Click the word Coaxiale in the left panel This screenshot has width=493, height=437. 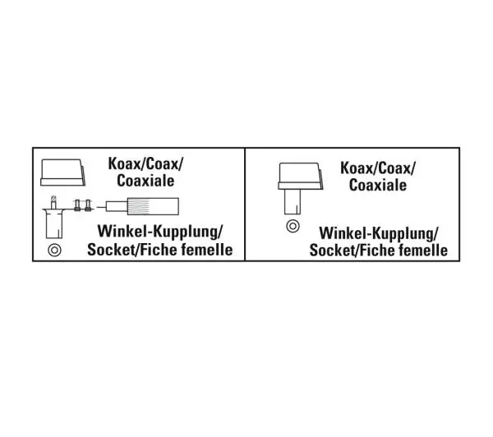click(145, 181)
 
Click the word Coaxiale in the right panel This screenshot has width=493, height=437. click(378, 185)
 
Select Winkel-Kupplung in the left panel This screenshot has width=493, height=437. click(159, 232)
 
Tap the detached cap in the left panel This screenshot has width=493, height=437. click(62, 172)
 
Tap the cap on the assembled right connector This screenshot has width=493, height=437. click(300, 176)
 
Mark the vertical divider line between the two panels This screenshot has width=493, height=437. click(245, 204)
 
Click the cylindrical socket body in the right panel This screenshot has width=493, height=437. click(293, 201)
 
